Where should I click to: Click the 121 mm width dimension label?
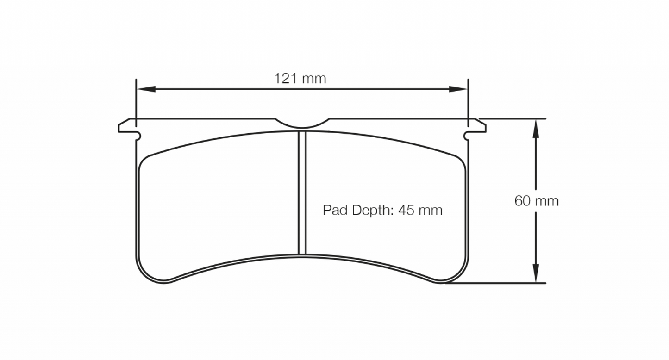tap(300, 79)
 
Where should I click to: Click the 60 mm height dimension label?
tap(536, 201)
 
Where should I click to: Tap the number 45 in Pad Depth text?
tap(406, 211)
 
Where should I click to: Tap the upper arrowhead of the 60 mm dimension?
tap(536, 128)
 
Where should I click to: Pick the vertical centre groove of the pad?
tap(302, 192)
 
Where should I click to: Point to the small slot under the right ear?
tap(467, 136)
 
